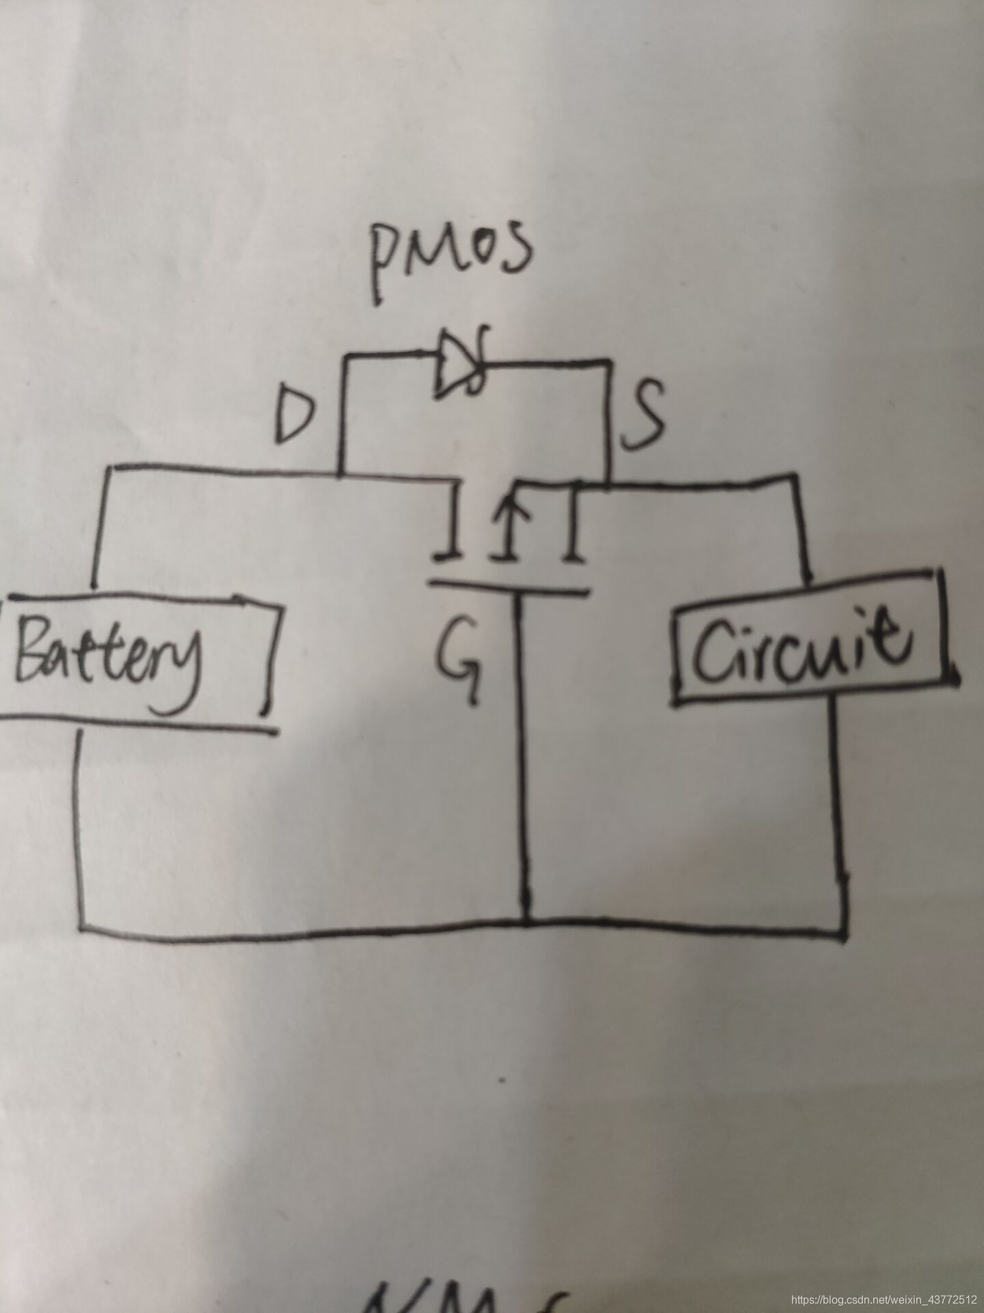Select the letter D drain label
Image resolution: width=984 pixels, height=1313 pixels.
(x=295, y=418)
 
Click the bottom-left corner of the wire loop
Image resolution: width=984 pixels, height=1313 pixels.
(x=81, y=927)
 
